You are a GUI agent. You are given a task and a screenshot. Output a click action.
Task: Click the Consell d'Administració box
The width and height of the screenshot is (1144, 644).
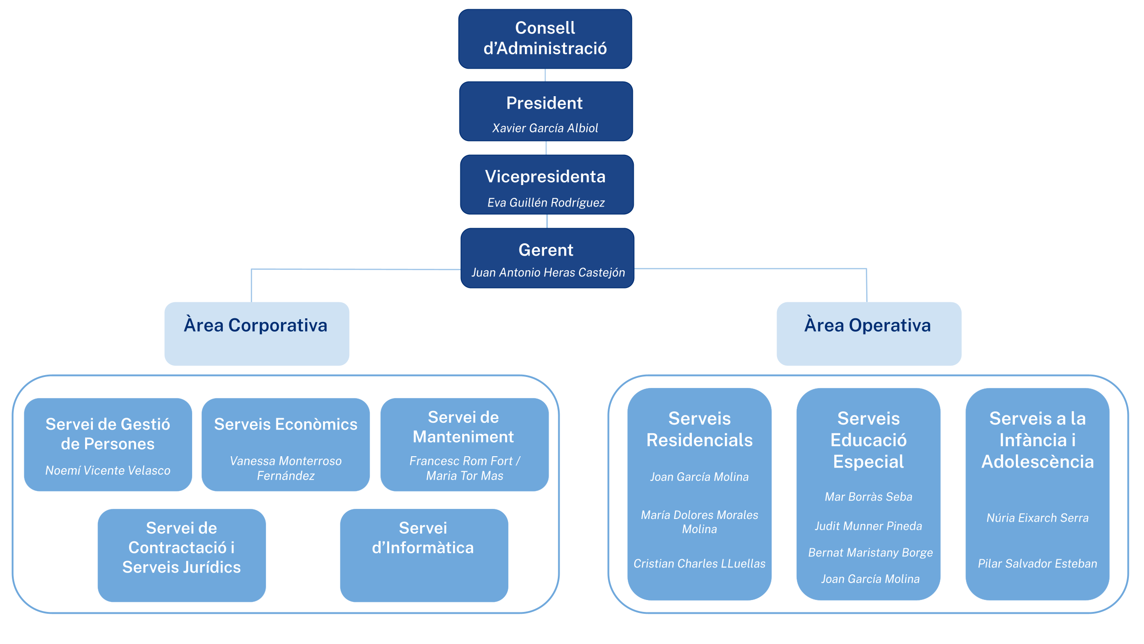(545, 39)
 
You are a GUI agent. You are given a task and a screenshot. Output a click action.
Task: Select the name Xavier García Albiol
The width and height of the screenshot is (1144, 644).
(545, 128)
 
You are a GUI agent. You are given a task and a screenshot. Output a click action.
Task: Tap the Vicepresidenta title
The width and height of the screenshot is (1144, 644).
(545, 177)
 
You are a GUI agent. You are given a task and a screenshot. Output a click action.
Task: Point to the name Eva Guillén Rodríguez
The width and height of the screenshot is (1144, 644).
(546, 202)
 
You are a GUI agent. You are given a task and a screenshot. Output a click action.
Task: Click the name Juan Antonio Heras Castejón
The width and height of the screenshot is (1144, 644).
(548, 273)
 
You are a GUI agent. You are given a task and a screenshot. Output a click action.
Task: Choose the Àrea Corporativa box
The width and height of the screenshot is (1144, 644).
(257, 333)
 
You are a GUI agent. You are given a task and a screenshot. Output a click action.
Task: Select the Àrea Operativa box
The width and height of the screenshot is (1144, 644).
(869, 333)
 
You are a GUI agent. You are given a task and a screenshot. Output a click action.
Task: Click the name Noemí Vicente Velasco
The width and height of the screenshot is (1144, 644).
(108, 470)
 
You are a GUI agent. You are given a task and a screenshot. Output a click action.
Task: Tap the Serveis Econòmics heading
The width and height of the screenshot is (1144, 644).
(286, 424)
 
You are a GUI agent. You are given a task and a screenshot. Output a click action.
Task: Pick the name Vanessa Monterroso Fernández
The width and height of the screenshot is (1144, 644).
(286, 468)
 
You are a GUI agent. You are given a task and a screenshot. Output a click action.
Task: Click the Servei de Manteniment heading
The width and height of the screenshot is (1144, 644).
(464, 427)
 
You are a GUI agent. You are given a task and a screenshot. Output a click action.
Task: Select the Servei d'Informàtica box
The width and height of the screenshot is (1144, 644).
(424, 555)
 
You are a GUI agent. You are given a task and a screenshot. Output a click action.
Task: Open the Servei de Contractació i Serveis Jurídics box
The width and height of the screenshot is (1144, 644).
(182, 555)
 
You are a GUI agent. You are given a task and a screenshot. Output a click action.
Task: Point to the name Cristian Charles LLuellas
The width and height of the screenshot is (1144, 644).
(699, 563)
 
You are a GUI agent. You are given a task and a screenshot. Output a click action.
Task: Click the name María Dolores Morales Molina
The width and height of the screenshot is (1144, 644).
(699, 522)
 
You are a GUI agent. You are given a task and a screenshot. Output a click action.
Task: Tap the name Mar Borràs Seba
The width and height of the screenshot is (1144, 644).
(868, 497)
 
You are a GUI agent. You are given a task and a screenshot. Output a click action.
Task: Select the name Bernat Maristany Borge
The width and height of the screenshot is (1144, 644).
(870, 552)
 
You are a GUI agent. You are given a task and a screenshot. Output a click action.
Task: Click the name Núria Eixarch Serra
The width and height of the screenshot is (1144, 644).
(1037, 518)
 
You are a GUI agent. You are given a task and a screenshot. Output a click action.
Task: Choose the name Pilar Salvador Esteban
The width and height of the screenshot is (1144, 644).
(1037, 563)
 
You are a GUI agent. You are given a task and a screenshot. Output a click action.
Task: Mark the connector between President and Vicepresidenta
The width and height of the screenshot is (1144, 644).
(546, 148)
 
